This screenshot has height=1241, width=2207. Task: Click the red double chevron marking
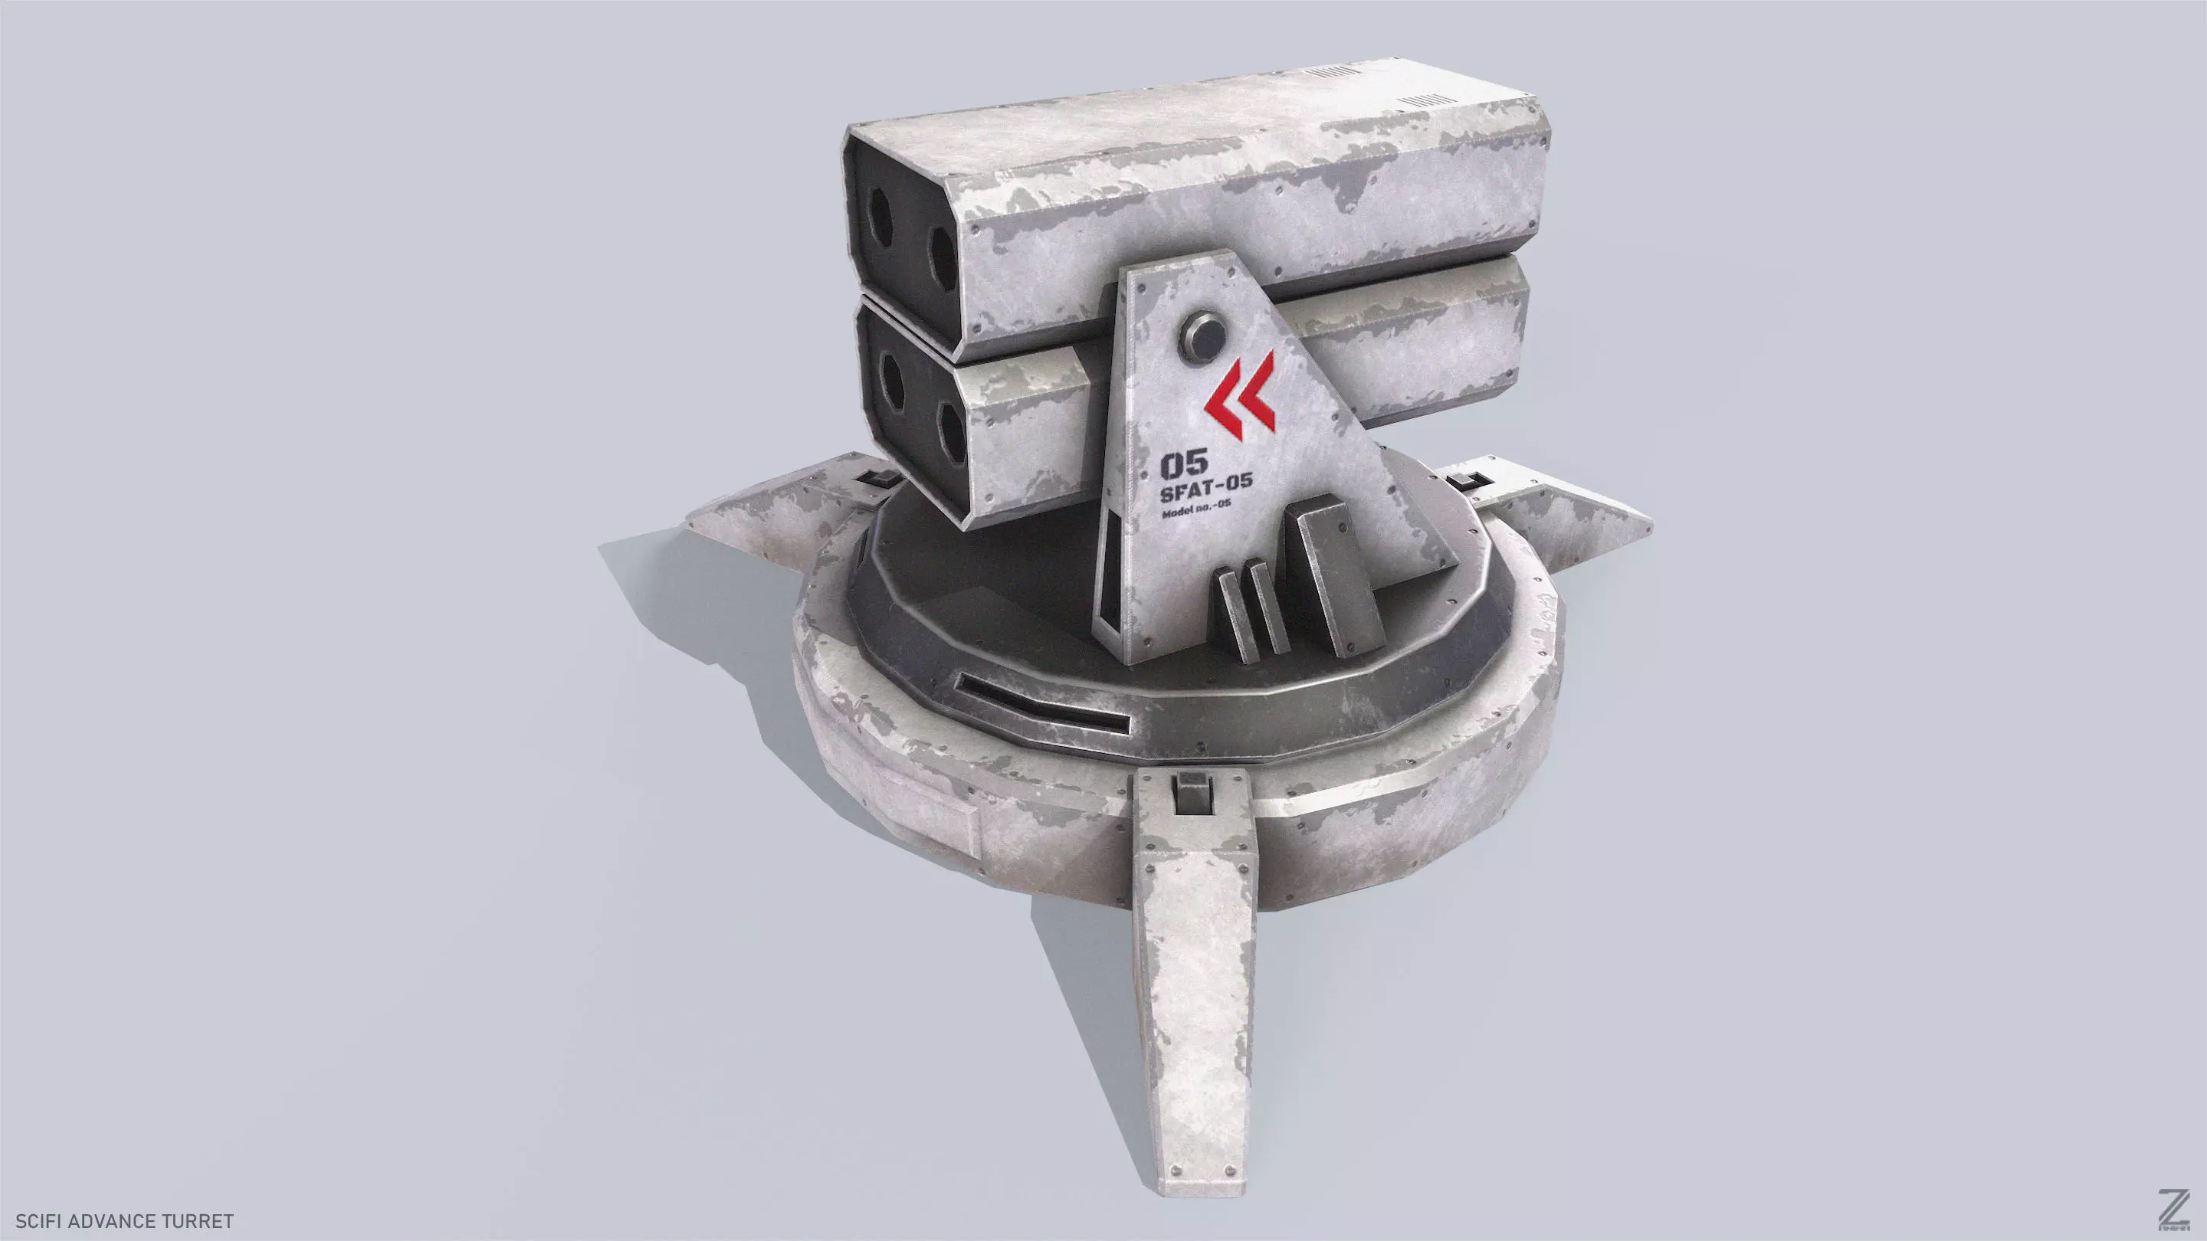1240,396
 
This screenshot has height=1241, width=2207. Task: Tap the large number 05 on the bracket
1183,466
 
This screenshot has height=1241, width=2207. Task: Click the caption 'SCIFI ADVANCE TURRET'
124,1220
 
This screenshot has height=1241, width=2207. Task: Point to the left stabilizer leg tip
728,518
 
